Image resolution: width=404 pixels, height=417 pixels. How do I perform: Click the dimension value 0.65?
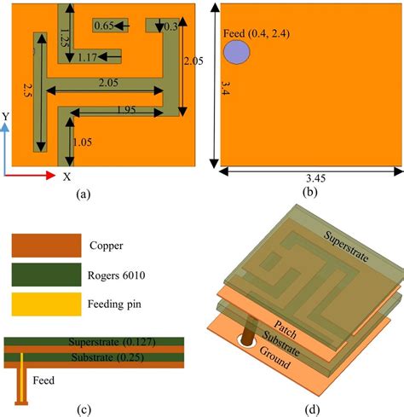click(105, 26)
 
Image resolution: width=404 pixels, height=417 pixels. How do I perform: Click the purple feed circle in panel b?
click(237, 52)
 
